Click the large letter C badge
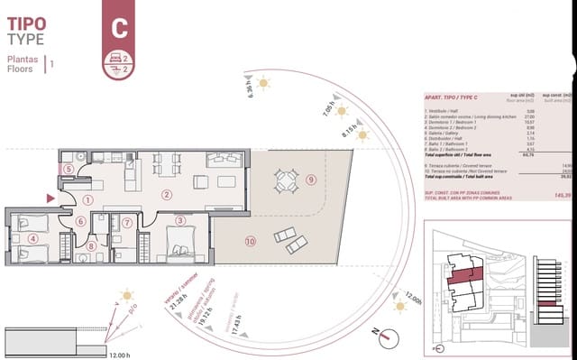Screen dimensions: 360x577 [x=118, y=27]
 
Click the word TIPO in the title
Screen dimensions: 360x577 [x=27, y=23]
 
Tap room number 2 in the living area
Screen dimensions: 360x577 [x=166, y=194]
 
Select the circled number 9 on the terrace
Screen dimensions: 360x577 [x=310, y=180]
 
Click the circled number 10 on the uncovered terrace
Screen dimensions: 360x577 [x=250, y=241]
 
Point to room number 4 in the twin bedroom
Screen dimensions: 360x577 [x=33, y=238]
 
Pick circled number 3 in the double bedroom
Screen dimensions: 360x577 [x=180, y=219]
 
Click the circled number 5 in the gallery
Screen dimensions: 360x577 [x=69, y=169]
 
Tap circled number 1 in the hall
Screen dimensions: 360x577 [x=87, y=200]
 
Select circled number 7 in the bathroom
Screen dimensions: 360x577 [x=127, y=223]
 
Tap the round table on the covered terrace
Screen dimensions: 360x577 [x=285, y=180]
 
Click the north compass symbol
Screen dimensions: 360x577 [x=385, y=337]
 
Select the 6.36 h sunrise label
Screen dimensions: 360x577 [x=250, y=88]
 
